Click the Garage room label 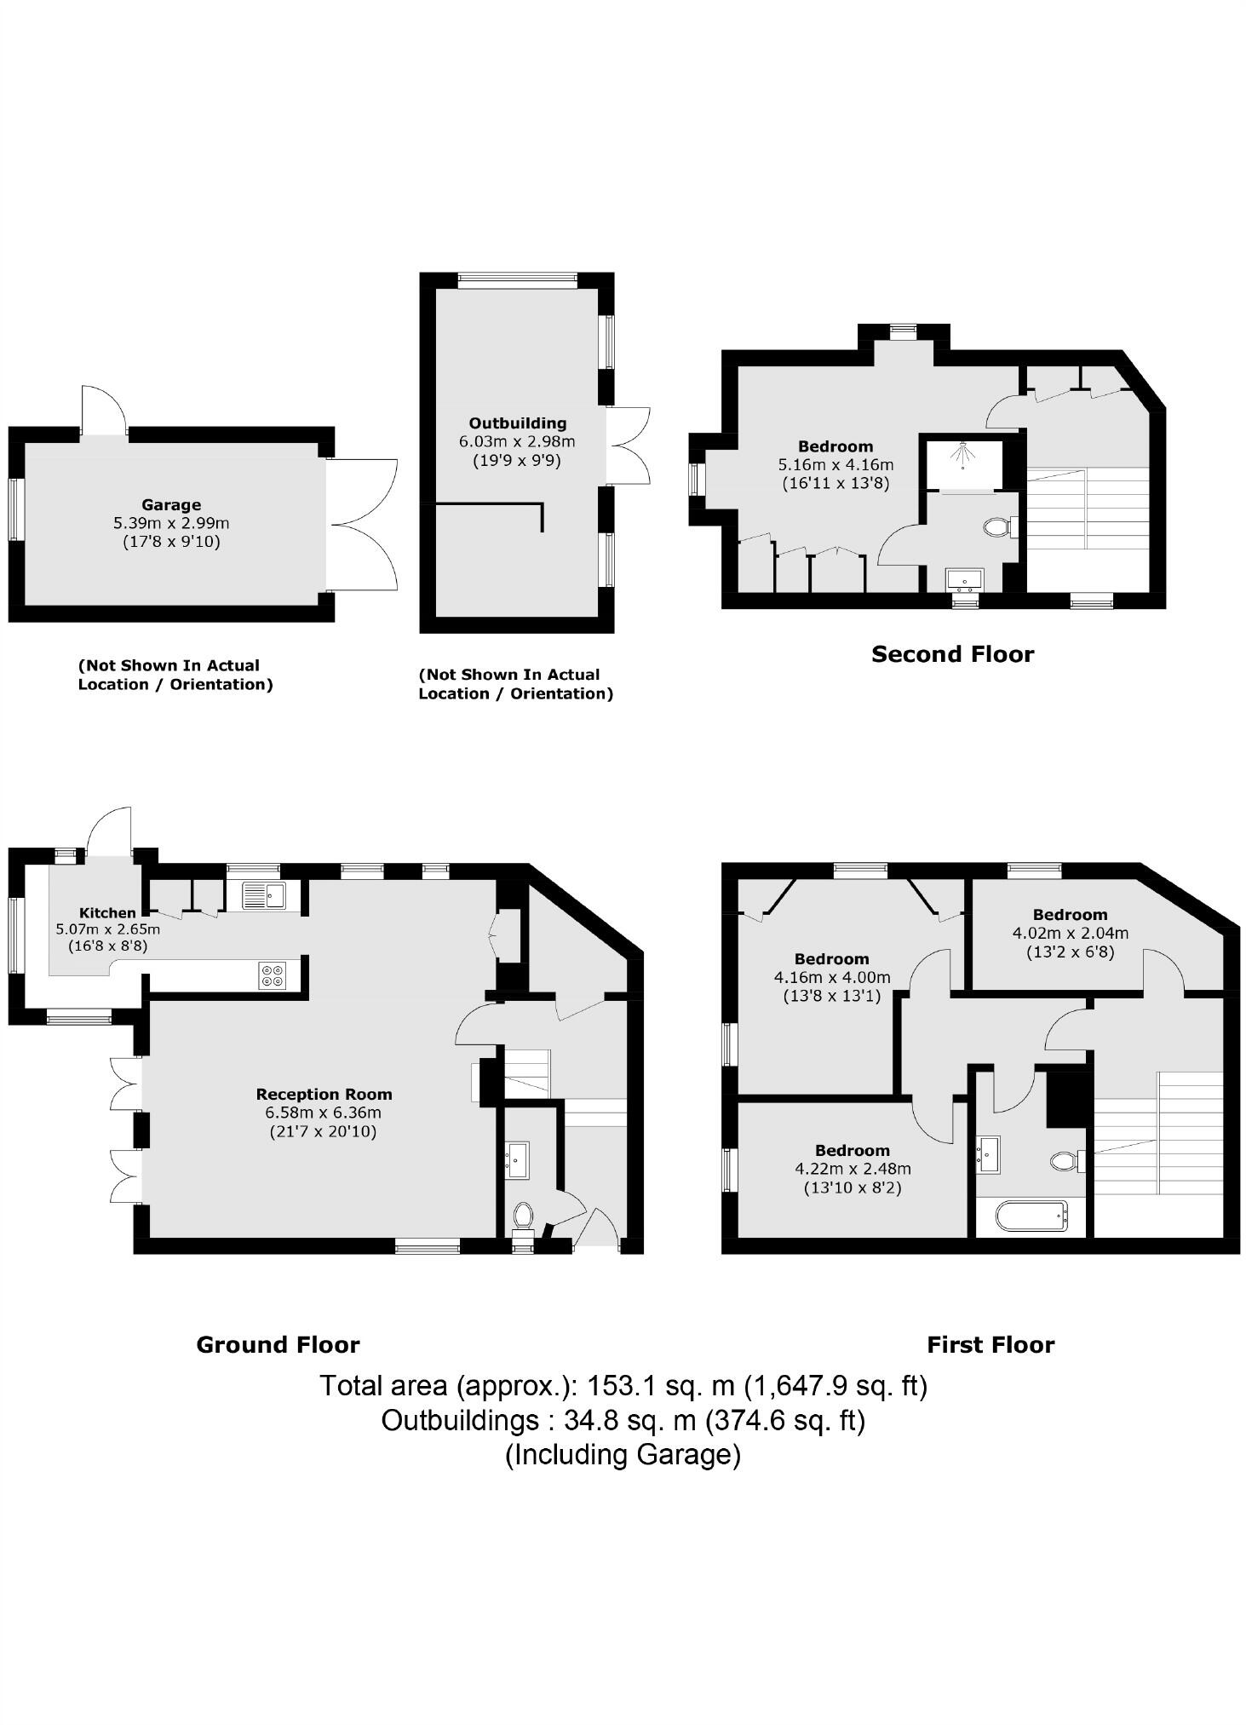tap(170, 504)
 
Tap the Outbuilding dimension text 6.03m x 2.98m tap(517, 441)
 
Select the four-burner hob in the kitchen tap(273, 975)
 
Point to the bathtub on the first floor tap(1031, 1216)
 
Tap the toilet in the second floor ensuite tap(996, 527)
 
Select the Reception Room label tap(323, 1094)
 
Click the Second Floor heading tap(952, 654)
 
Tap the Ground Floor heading tap(278, 1344)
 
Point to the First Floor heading tap(990, 1344)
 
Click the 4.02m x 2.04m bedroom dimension tap(1070, 933)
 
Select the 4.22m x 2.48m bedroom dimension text tap(853, 1169)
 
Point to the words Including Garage tap(623, 1453)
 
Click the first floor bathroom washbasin tap(988, 1152)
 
